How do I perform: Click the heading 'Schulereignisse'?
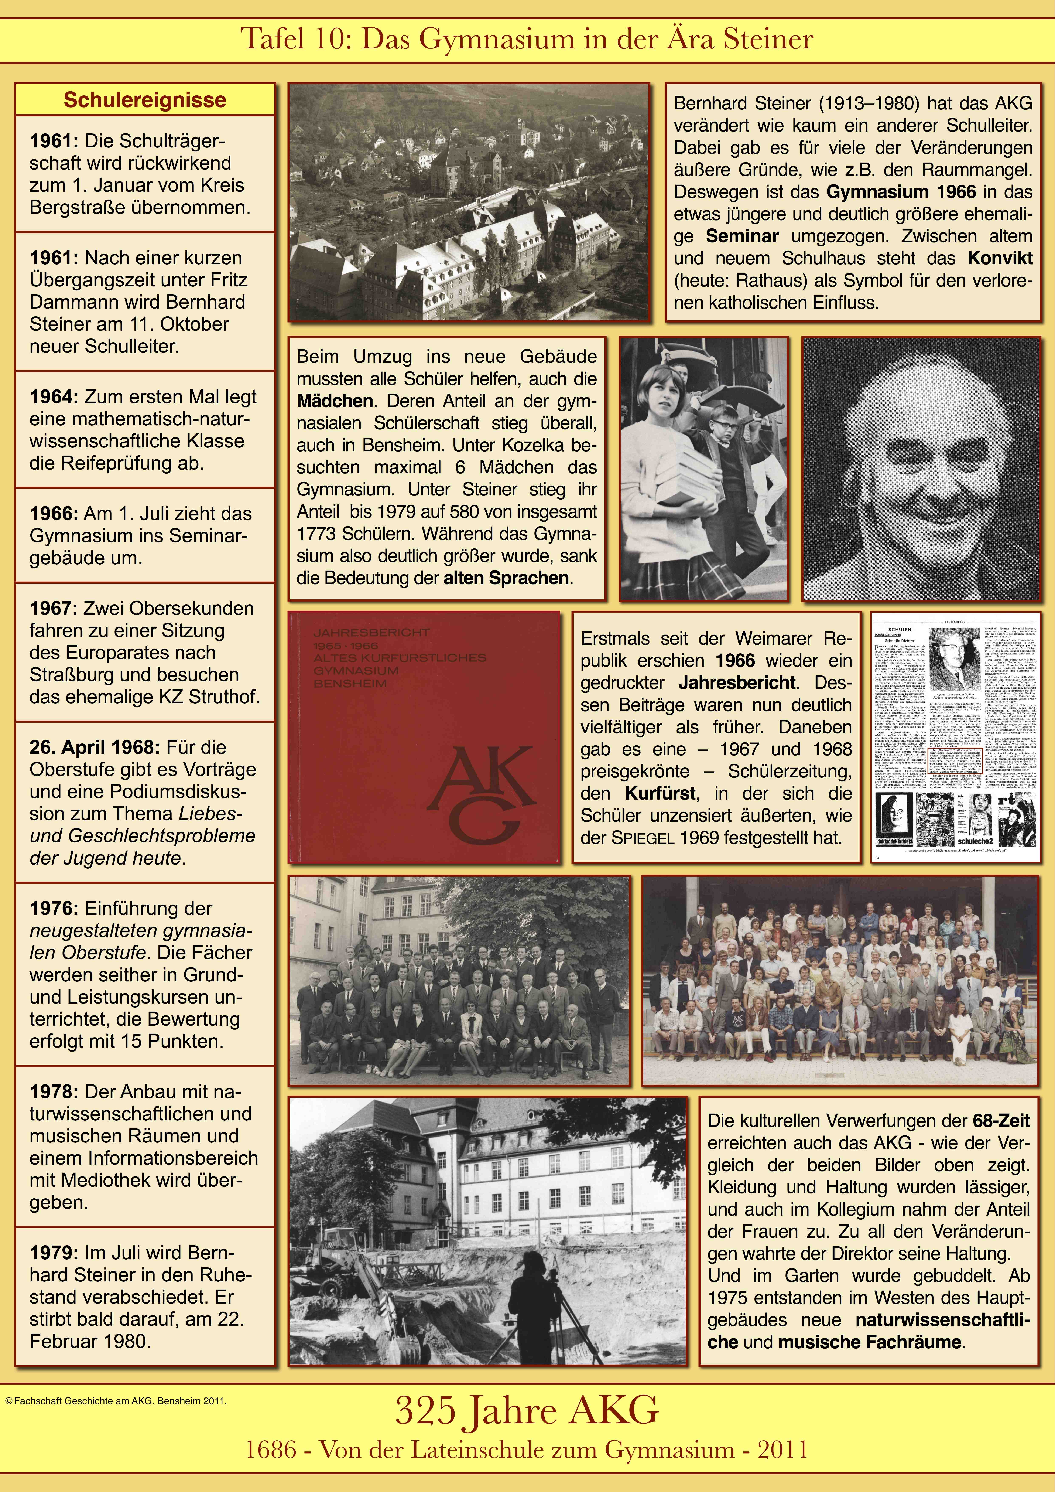tap(145, 100)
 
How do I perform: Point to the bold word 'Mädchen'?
tap(335, 401)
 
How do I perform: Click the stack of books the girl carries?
tap(679, 478)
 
